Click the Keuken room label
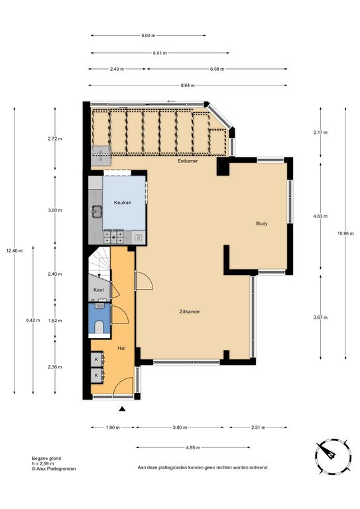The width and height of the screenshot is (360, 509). pos(123,203)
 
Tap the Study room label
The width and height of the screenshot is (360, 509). pos(261,223)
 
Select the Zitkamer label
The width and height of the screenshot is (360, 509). pos(190,311)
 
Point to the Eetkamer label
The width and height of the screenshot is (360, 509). pos(188,161)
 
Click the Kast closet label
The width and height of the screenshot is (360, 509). pos(99,290)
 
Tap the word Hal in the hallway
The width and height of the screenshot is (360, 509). pos(121,349)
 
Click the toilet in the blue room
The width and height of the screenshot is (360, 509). pos(99,327)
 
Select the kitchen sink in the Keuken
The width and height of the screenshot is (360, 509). pos(96,211)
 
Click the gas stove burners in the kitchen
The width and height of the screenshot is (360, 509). pos(113,237)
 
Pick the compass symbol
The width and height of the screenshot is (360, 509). pos(333,455)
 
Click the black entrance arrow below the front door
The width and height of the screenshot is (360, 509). pos(122,409)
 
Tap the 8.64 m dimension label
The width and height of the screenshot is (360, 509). pos(188,85)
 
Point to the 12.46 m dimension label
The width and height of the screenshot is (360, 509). pos(15,251)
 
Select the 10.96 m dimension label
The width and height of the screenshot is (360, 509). pos(345,233)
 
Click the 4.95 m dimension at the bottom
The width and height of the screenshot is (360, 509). pos(193,447)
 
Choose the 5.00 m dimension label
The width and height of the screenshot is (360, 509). pos(148,36)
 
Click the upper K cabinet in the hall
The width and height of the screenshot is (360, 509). pos(97,359)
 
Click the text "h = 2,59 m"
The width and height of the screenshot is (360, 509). pos(43,463)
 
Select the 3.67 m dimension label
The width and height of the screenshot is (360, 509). pos(320,317)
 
